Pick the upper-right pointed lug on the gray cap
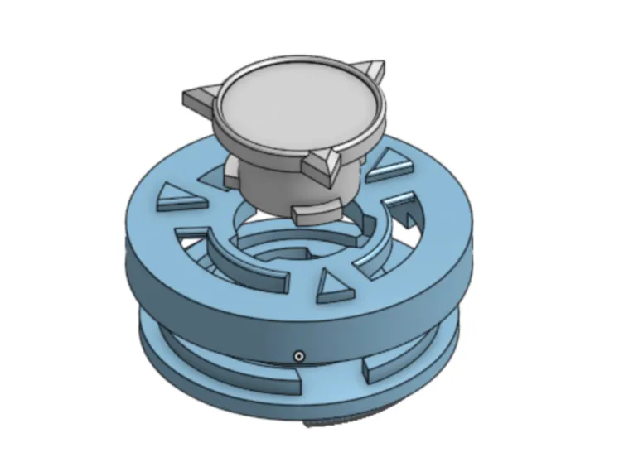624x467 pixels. click(370, 70)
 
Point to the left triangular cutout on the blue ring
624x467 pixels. click(177, 199)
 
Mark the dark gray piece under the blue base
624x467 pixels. click(331, 423)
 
